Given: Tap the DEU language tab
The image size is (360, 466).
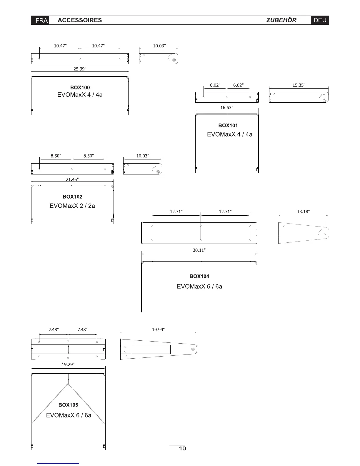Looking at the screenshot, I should [320, 20].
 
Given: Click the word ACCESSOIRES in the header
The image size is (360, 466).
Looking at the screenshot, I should [80, 20].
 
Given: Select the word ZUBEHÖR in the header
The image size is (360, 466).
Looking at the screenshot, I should [281, 20].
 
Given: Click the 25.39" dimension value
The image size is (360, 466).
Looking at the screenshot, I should [80, 69].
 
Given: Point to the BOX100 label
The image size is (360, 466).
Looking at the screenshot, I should [80, 87].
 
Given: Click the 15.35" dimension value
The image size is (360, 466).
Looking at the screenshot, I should [299, 85].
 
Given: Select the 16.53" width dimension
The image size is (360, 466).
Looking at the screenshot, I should [227, 108].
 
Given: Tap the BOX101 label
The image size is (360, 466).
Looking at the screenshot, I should [228, 125].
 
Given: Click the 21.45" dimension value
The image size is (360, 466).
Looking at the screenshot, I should [72, 179].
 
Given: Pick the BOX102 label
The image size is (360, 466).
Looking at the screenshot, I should [72, 197].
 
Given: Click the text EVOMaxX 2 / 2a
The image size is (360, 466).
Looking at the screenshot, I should [72, 206].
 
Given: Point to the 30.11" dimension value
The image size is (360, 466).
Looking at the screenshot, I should [199, 250].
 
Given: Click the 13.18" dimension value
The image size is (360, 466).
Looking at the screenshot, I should [303, 212].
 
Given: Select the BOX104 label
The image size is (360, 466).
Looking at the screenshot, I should [199, 276].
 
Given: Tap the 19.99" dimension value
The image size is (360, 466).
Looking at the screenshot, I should [158, 330].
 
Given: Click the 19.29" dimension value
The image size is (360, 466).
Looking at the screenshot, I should [68, 365].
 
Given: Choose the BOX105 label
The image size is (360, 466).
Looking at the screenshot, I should [68, 405].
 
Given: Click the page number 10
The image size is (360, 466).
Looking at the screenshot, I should [182, 448].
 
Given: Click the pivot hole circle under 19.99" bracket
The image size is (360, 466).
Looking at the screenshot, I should [193, 349].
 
